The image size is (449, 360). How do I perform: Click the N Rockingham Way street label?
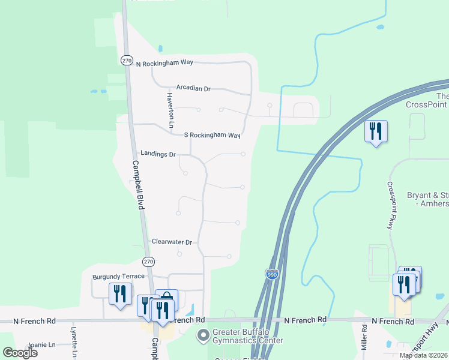coord(164,64)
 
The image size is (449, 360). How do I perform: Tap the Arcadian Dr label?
coord(193,88)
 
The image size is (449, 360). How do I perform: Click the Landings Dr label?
coord(157,154)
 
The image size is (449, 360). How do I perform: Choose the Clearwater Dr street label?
coord(172,242)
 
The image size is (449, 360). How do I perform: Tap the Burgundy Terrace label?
coord(118,276)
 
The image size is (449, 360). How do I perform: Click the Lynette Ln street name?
coord(74,343)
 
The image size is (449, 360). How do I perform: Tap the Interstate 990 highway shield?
coord(272,274)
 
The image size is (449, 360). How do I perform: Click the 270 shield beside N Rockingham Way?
coord(126,61)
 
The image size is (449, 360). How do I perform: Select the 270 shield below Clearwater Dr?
coord(149,261)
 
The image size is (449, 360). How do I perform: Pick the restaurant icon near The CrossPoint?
coord(376,131)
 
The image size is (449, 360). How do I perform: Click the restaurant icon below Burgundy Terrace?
coord(120,294)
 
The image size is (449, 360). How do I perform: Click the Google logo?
coord(20,352)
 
